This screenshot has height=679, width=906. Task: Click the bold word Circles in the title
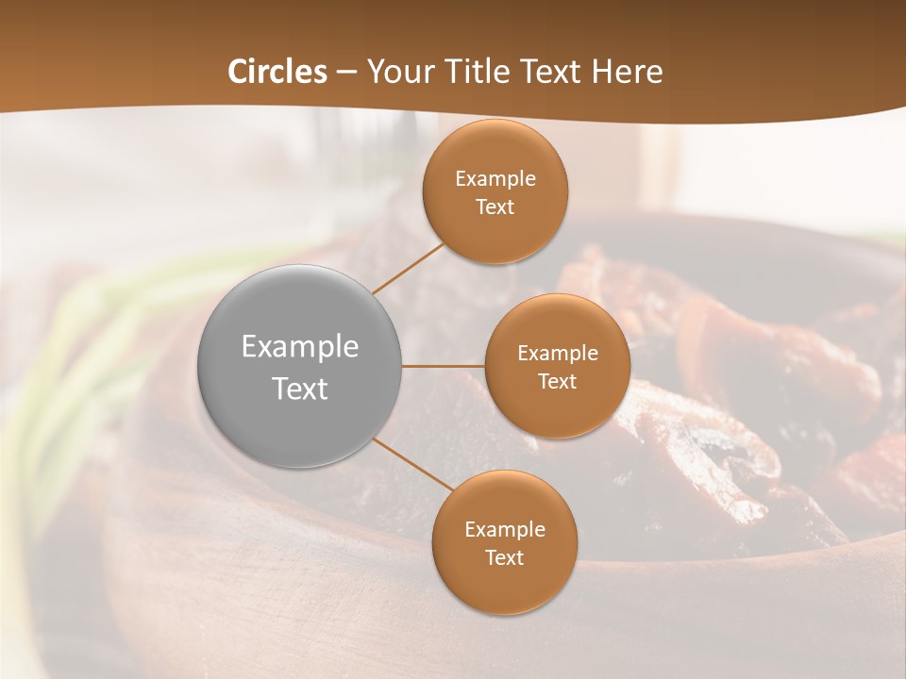tap(277, 72)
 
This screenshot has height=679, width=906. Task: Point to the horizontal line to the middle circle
tap(443, 366)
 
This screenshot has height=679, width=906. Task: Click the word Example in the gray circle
tap(299, 347)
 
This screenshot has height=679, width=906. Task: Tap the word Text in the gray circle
tap(299, 389)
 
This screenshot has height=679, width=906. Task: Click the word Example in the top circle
tap(495, 179)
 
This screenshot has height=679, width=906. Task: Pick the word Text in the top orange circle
tap(495, 207)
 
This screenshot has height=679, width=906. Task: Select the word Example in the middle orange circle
tap(558, 354)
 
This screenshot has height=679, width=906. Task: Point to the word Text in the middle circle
tap(558, 382)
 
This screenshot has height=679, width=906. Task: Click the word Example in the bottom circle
tap(504, 530)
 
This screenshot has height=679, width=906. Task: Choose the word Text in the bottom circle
tap(504, 558)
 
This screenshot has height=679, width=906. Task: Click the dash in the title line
tap(345, 73)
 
